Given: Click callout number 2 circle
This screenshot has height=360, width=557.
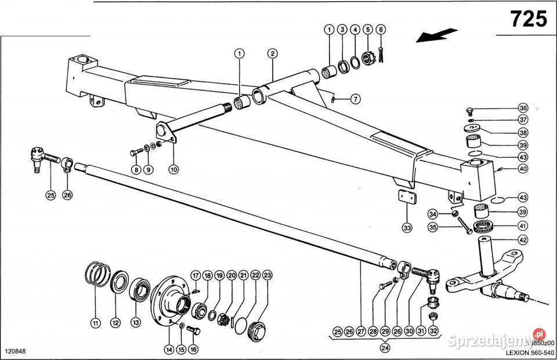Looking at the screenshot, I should pos(272,53).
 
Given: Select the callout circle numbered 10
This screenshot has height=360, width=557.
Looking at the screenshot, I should pos(174,170).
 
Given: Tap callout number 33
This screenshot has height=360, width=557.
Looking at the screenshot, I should pos(407,228).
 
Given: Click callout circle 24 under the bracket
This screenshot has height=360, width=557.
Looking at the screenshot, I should pos(384,348).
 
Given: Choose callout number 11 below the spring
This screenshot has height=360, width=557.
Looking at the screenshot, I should pos(95,322).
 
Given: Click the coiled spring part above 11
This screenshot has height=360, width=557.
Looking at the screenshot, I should pos(99,274).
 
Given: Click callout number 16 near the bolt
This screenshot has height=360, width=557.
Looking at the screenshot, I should pos(193,349).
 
